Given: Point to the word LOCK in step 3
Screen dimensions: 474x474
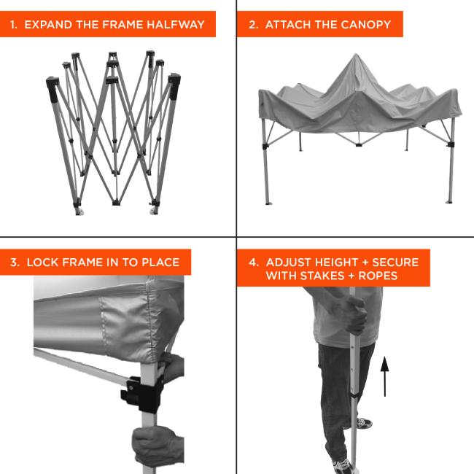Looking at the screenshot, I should tap(41, 263).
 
